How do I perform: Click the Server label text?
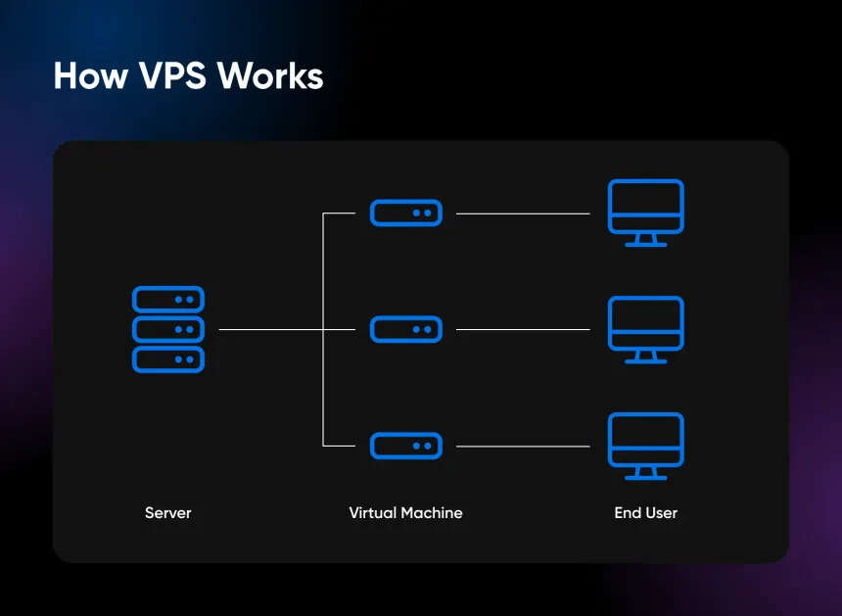point(168,512)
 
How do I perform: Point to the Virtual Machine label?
point(405,512)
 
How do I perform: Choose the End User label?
point(645,512)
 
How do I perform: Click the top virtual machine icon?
point(405,213)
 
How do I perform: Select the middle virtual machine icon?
point(405,329)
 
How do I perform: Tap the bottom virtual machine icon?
point(405,446)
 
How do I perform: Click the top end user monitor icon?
point(645,206)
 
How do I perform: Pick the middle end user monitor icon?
point(645,323)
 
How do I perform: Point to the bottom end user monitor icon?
point(645,440)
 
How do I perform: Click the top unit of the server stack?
point(168,300)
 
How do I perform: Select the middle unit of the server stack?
point(168,329)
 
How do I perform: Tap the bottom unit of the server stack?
point(168,359)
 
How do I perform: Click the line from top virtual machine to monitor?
point(523,213)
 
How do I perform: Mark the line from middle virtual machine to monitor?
point(523,330)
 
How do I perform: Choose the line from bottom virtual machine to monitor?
point(523,447)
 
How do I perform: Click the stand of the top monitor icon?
point(645,240)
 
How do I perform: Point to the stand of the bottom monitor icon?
point(645,474)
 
